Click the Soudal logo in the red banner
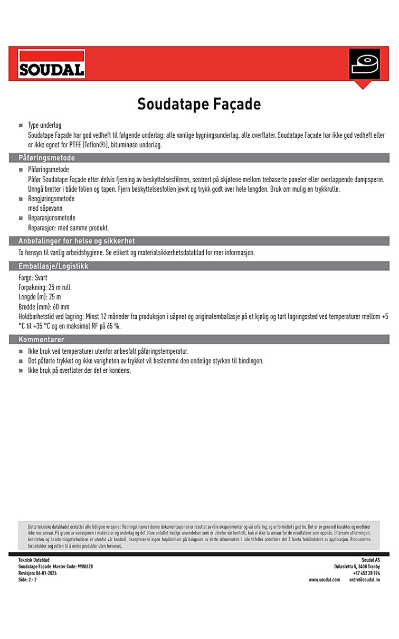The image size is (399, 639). (x=51, y=64)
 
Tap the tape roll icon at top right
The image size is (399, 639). (x=364, y=65)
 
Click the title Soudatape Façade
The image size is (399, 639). (x=199, y=104)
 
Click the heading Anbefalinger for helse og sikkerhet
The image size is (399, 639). (x=77, y=241)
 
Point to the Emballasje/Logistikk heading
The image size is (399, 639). (x=53, y=266)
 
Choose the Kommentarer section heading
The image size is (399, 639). (x=41, y=339)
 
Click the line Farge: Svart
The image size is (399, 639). (x=33, y=278)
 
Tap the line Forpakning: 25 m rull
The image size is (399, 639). (x=44, y=287)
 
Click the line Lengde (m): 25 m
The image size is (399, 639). (x=40, y=297)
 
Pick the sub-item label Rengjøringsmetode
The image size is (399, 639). (x=51, y=199)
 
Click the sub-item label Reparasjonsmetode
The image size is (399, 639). (x=51, y=218)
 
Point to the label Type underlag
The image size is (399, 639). (x=44, y=126)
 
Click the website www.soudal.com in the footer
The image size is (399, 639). (x=324, y=579)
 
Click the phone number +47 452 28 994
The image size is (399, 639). (x=366, y=573)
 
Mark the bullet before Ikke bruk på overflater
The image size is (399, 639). (x=21, y=371)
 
